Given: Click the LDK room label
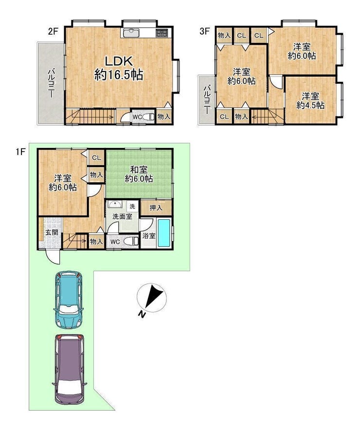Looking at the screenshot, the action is point(119,68).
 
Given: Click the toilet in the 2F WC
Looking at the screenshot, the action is point(148,117).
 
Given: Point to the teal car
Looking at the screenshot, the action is point(68,299).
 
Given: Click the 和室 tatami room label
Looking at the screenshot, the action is point(139,174).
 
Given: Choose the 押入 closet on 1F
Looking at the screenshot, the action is point(156,207).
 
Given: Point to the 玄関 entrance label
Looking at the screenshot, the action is point(52,232).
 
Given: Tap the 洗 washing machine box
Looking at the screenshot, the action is point(133,206).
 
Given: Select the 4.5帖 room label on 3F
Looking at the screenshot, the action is point(310,101).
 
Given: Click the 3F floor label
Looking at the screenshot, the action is point(204,31).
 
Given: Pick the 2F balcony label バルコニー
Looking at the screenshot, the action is point(51,84).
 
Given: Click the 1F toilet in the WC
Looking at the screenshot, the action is point(131,242).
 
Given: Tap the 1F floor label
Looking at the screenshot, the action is point(20,151).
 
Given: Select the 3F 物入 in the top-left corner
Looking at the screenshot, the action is point(224,36).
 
